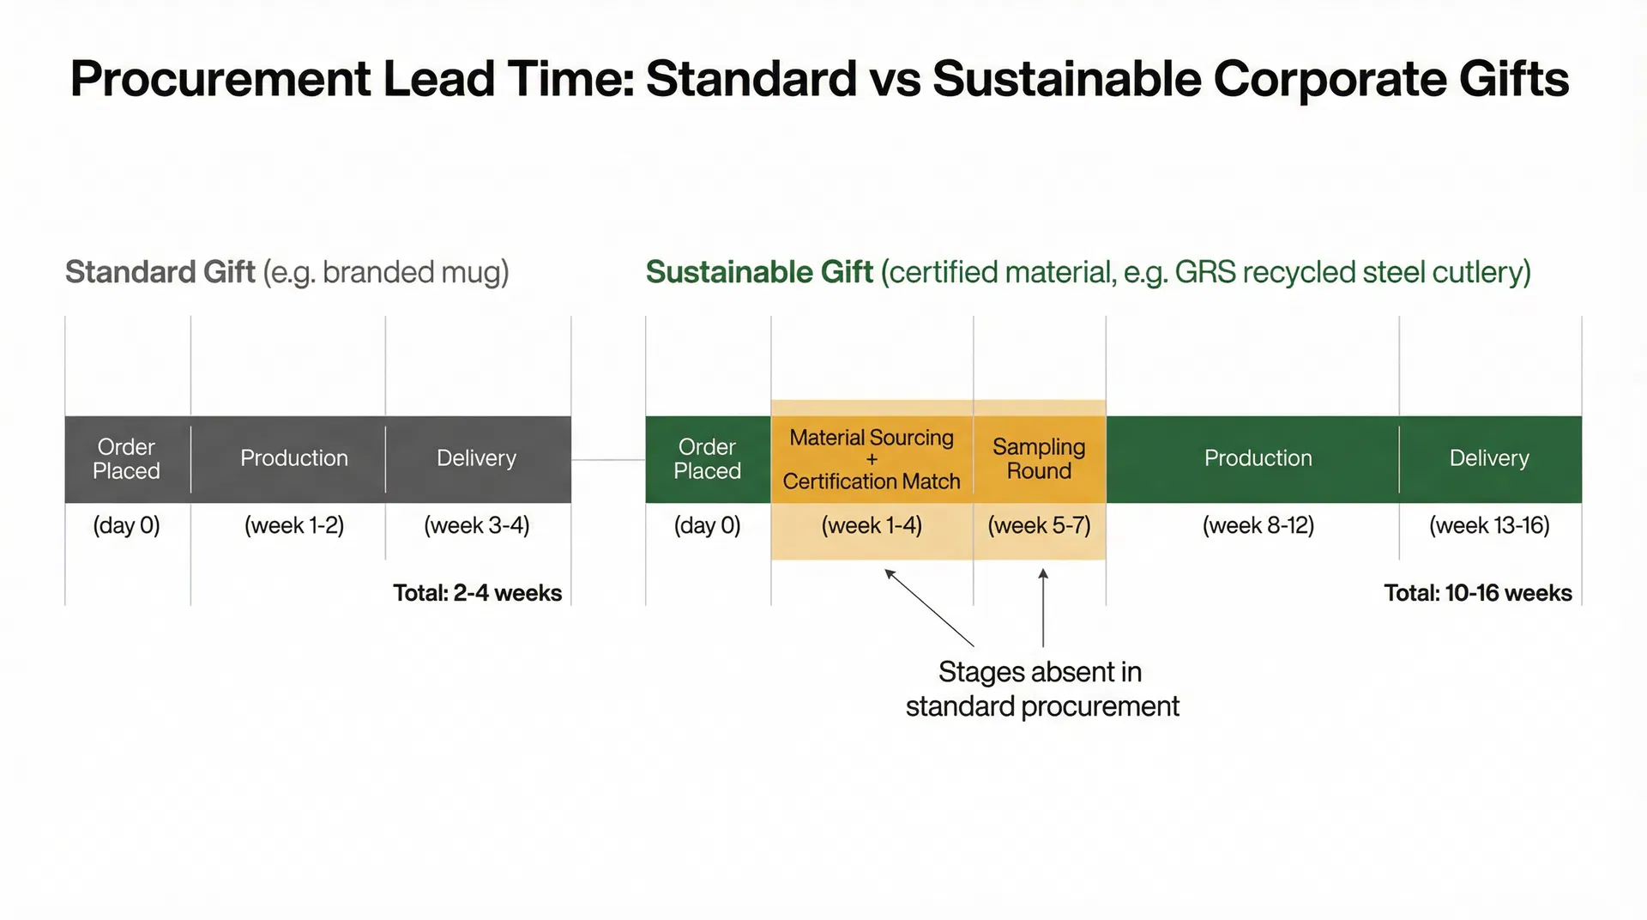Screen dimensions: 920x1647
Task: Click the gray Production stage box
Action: pos(293,458)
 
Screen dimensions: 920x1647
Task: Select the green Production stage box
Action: pos(1258,458)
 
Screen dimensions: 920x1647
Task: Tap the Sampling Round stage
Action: pos(1039,458)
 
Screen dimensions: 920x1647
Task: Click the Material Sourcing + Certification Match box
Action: pos(872,459)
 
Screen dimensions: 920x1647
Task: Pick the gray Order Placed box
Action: pos(127,458)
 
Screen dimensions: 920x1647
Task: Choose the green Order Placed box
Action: pos(707,458)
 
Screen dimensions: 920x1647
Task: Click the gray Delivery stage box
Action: pos(477,458)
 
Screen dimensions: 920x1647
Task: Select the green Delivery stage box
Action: pos(1489,458)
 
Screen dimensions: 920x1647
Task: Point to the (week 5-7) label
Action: pos(1039,525)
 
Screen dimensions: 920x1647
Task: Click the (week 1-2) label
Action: pos(293,525)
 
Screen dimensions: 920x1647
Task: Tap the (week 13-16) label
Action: pos(1489,525)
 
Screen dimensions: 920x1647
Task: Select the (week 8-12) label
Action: pos(1258,525)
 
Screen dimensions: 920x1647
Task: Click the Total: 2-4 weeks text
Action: pos(477,593)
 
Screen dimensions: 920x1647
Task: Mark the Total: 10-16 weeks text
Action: pos(1477,593)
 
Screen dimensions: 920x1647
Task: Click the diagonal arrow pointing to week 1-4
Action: pos(929,607)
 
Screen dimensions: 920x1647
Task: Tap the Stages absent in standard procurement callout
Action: pos(1041,689)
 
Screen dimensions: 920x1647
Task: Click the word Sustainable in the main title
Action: pos(1065,79)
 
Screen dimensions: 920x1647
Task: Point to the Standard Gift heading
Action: pos(160,272)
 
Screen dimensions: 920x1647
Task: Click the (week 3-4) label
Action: pos(477,525)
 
